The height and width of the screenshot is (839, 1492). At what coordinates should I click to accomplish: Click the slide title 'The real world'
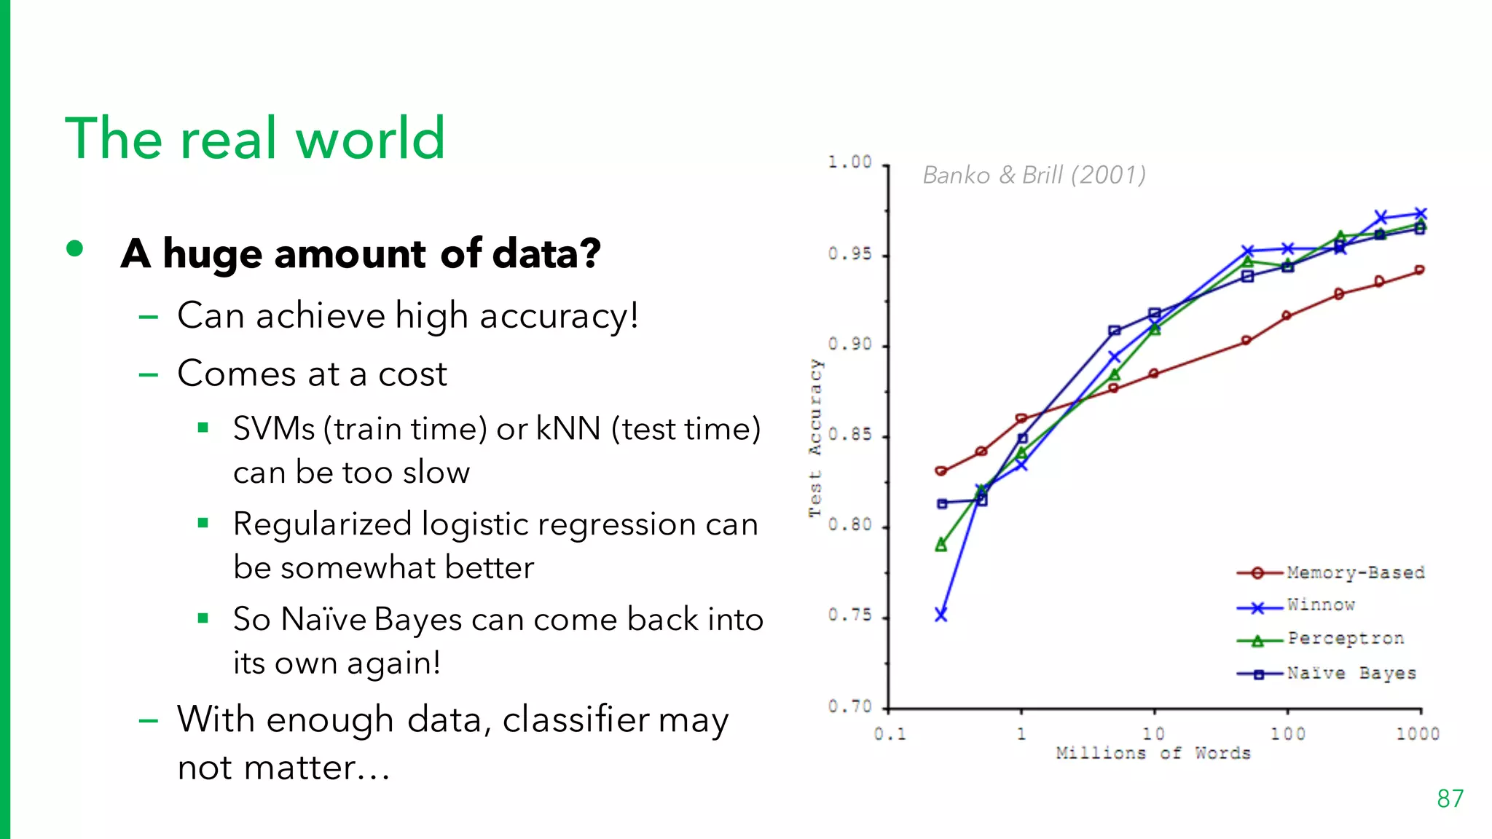coord(255,138)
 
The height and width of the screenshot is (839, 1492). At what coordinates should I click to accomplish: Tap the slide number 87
coord(1450,799)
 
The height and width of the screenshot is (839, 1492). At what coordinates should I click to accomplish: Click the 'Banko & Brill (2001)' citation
coord(1034,176)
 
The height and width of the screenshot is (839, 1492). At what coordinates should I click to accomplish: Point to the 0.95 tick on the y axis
coord(849,254)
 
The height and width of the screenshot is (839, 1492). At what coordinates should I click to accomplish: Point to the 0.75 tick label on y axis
coord(849,615)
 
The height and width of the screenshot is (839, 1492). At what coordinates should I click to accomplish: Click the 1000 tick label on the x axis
coord(1417,734)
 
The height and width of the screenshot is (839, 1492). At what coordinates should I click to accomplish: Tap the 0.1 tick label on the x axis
coord(890,734)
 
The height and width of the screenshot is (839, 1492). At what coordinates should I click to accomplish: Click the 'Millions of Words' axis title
coord(1153,753)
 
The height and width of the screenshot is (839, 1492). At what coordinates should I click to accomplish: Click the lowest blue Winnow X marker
coord(941,615)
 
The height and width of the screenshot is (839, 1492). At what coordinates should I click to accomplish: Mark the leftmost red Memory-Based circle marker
coord(941,471)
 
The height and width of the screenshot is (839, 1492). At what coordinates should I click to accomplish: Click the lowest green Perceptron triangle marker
coord(941,545)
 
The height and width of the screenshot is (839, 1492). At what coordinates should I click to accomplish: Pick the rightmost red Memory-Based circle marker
coord(1419,270)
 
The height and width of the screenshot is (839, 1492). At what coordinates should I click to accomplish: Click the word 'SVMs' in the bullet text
coord(274,429)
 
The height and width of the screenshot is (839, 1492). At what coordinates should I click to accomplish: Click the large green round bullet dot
coord(74,249)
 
